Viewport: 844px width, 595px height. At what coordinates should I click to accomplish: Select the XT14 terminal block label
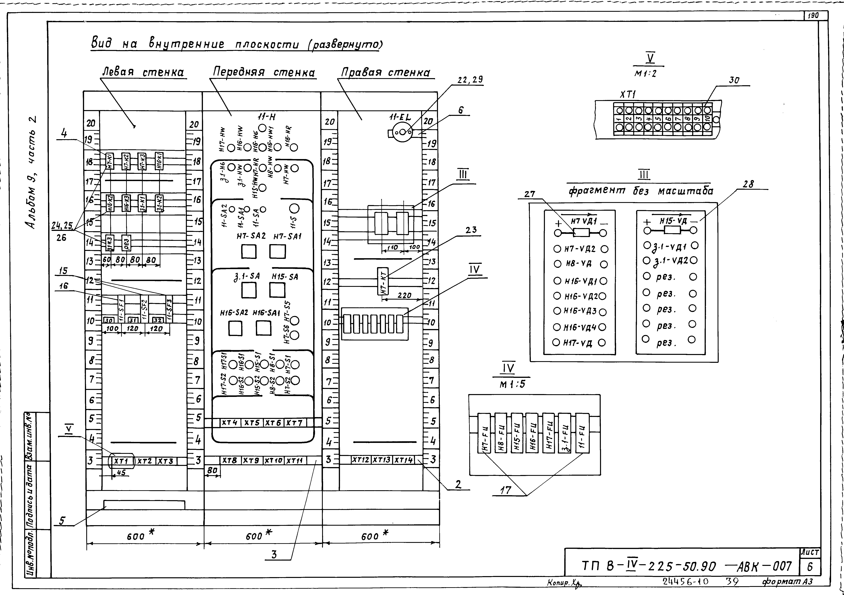coord(404,460)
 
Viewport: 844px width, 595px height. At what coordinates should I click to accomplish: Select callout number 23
coord(471,230)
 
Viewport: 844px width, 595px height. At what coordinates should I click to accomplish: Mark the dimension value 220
coord(404,295)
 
